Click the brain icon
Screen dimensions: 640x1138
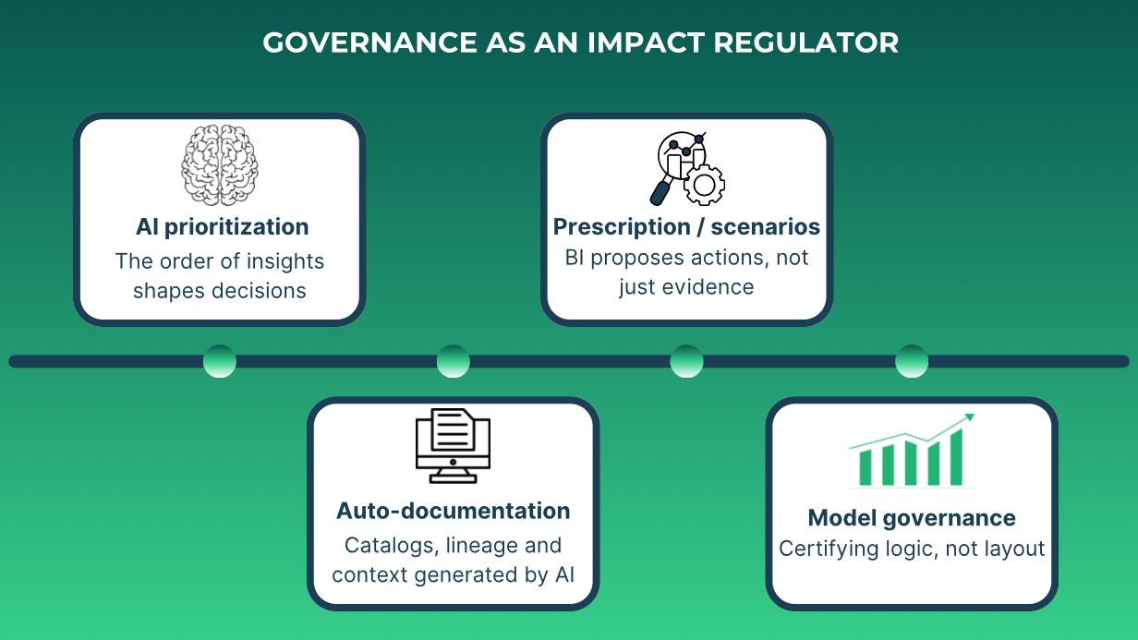[x=220, y=164]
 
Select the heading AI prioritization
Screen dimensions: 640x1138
[x=222, y=227]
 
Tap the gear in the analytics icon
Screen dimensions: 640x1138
[x=704, y=186]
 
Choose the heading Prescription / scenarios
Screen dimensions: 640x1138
[x=686, y=227]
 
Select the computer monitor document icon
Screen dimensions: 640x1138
[x=453, y=446]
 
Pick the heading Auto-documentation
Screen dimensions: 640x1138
[x=453, y=511]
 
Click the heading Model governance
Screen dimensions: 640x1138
[x=912, y=518]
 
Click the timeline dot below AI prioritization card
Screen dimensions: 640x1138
[x=220, y=361]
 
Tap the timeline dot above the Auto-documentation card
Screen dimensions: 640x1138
[x=453, y=361]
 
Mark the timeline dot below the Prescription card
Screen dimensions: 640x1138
[x=686, y=361]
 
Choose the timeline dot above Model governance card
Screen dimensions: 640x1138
[x=912, y=361]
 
